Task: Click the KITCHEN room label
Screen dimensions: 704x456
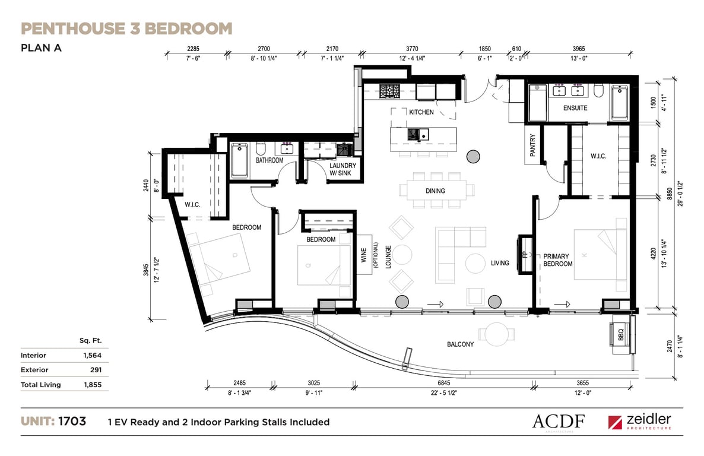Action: (421, 112)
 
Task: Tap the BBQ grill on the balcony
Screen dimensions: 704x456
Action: (620, 335)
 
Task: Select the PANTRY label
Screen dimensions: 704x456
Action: (532, 145)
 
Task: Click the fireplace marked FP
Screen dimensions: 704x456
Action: (525, 254)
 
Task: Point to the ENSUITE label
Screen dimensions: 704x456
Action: (575, 108)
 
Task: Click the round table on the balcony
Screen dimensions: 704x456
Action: (497, 334)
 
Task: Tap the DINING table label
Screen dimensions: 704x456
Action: (435, 191)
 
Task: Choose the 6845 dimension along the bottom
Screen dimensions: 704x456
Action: (443, 383)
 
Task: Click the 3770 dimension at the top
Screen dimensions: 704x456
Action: (412, 49)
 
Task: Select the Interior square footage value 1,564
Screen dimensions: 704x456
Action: (93, 356)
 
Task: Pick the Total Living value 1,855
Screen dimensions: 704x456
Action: (93, 385)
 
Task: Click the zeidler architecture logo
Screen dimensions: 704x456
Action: (640, 422)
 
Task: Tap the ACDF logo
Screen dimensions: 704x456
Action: (559, 422)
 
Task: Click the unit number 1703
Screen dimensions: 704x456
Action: (72, 422)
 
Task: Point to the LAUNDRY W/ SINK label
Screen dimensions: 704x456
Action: (343, 169)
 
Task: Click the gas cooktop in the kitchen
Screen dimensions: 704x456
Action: (389, 91)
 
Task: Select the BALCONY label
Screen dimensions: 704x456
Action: (460, 344)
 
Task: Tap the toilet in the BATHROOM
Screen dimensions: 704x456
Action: (261, 148)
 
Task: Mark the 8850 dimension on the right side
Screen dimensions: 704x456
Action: (670, 194)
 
